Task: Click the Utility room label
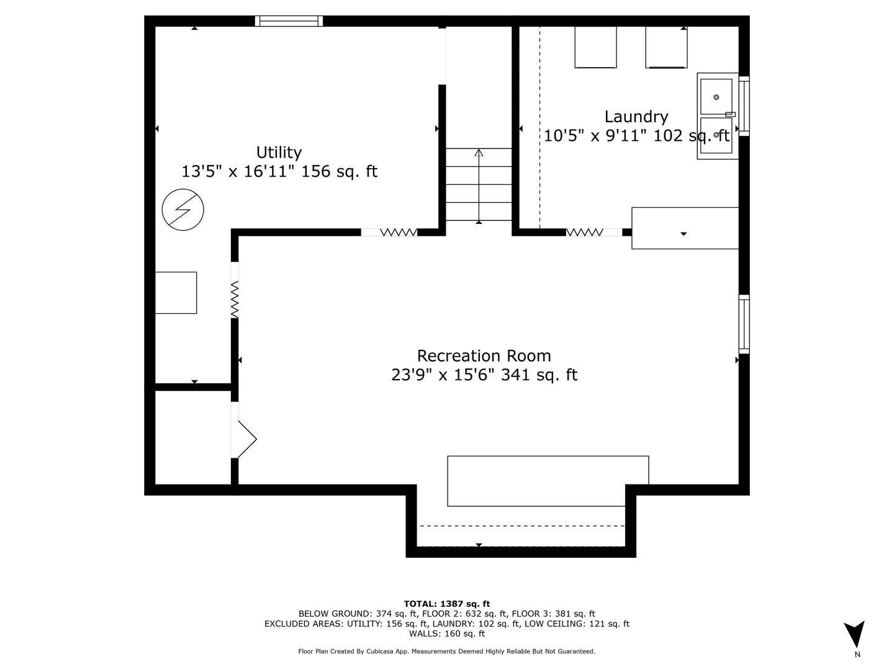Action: click(x=279, y=153)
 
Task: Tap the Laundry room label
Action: click(x=636, y=117)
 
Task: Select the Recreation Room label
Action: click(x=484, y=356)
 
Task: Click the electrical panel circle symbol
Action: click(x=183, y=210)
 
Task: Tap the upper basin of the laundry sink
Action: click(x=716, y=97)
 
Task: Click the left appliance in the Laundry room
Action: click(x=595, y=47)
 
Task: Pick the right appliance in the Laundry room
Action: click(x=666, y=47)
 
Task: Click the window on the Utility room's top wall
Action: click(x=289, y=21)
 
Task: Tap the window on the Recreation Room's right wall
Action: click(x=744, y=324)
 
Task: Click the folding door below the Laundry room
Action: click(x=584, y=232)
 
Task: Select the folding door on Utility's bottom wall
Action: click(x=398, y=232)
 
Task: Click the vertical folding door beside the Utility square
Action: click(x=235, y=299)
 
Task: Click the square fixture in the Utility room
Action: click(x=176, y=292)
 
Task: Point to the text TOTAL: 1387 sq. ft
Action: click(x=446, y=604)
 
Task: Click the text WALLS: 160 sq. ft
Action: click(x=446, y=633)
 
